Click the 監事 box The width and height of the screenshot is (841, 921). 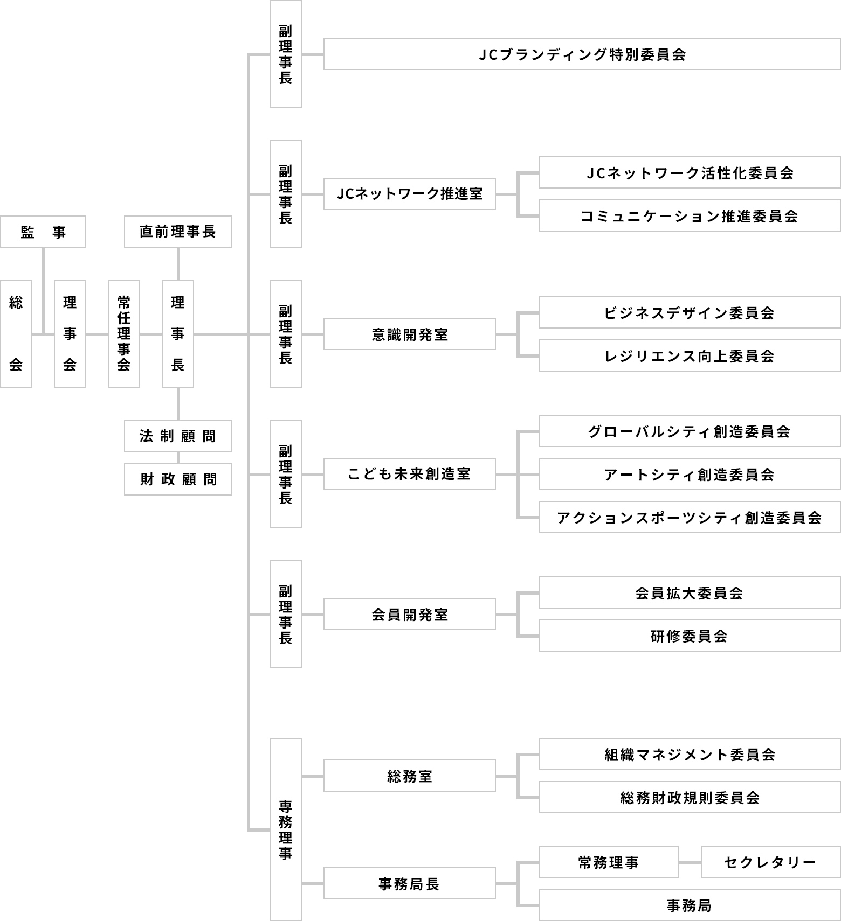43,232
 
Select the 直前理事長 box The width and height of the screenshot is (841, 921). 178,232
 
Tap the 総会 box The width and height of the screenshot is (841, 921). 16,334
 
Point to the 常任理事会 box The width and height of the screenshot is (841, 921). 124,334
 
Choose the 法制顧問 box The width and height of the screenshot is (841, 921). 178,436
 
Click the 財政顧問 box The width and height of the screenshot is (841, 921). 178,479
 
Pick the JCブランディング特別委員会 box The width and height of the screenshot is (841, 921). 582,54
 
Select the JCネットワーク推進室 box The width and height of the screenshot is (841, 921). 410,194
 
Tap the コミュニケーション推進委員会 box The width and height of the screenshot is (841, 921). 690,215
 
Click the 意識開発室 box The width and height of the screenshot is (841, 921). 410,334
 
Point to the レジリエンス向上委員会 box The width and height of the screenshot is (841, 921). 690,355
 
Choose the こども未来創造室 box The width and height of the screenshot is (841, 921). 410,474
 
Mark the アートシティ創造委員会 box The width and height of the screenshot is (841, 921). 690,474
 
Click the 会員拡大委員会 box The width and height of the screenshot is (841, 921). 690,592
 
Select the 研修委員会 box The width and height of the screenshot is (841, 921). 690,636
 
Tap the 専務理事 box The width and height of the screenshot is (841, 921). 286,829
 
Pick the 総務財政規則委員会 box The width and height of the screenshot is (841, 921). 690,797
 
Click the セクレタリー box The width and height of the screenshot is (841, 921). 771,862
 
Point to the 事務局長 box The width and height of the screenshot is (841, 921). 410,883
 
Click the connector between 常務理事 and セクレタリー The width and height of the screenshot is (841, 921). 690,862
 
